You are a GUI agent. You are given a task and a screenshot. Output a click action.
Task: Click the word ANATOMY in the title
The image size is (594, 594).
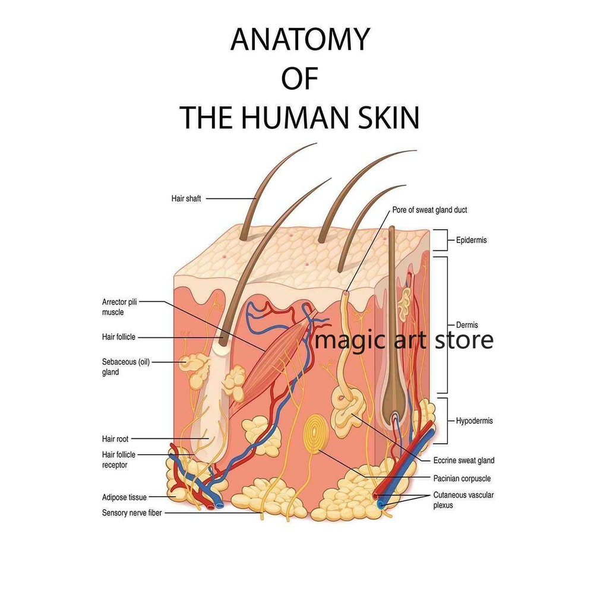pos(300,40)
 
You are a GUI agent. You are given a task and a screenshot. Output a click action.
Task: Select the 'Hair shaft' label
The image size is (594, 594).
pos(186,199)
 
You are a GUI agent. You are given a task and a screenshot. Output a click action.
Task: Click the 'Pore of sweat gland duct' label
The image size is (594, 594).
pos(434,210)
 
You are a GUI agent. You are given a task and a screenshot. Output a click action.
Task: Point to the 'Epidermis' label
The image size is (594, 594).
pos(472,241)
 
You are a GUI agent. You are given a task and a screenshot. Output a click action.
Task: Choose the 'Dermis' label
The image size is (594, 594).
pos(467,325)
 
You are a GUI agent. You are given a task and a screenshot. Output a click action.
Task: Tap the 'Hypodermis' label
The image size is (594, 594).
pos(475,421)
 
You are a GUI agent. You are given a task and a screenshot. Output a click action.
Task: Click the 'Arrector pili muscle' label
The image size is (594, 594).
pos(119,307)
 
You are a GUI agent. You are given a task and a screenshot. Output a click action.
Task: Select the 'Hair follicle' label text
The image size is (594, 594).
pos(119,337)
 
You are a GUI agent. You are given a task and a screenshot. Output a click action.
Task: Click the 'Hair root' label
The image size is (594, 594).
pos(115,440)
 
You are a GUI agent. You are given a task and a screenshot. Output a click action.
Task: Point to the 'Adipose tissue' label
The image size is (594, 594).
pos(124,497)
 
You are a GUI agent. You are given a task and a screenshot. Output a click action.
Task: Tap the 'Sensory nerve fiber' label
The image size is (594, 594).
pos(132,512)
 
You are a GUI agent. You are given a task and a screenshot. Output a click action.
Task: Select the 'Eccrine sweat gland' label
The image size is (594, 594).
pos(464,460)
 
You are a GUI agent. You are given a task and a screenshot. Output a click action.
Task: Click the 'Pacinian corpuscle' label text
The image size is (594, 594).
pos(462,478)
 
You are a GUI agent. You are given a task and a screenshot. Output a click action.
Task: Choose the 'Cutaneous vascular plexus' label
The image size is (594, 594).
pos(463,500)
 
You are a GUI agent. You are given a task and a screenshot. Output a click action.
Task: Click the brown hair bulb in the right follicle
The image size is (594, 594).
pos(393,410)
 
